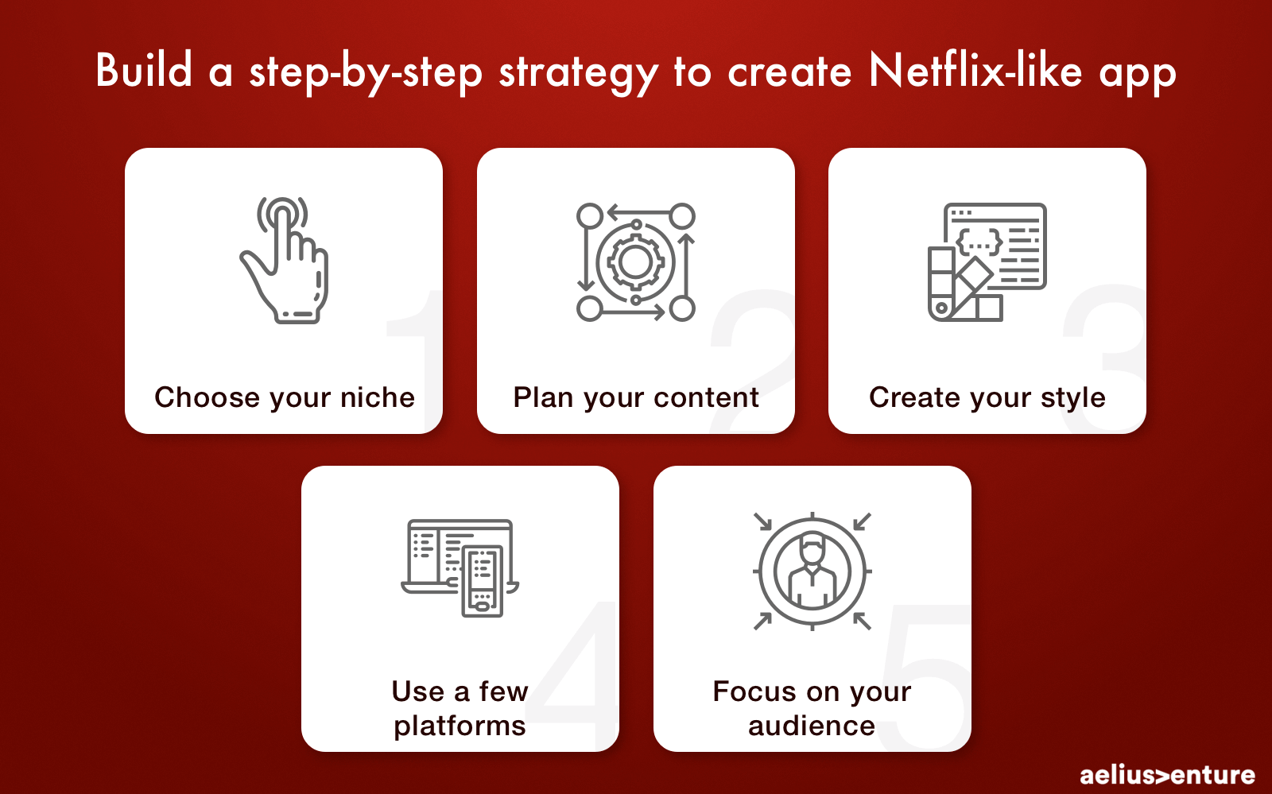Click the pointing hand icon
click(x=284, y=260)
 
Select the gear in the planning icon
click(x=635, y=262)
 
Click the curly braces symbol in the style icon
click(x=979, y=241)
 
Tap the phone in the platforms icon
click(x=482, y=581)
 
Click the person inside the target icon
click(x=812, y=571)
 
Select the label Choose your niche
click(x=285, y=397)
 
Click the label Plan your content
click(x=636, y=397)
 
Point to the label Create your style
click(x=987, y=397)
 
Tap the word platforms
click(x=460, y=726)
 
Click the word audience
click(x=812, y=726)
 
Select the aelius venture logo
click(x=1168, y=775)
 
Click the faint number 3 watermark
click(x=1105, y=358)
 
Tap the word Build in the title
click(x=144, y=70)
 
